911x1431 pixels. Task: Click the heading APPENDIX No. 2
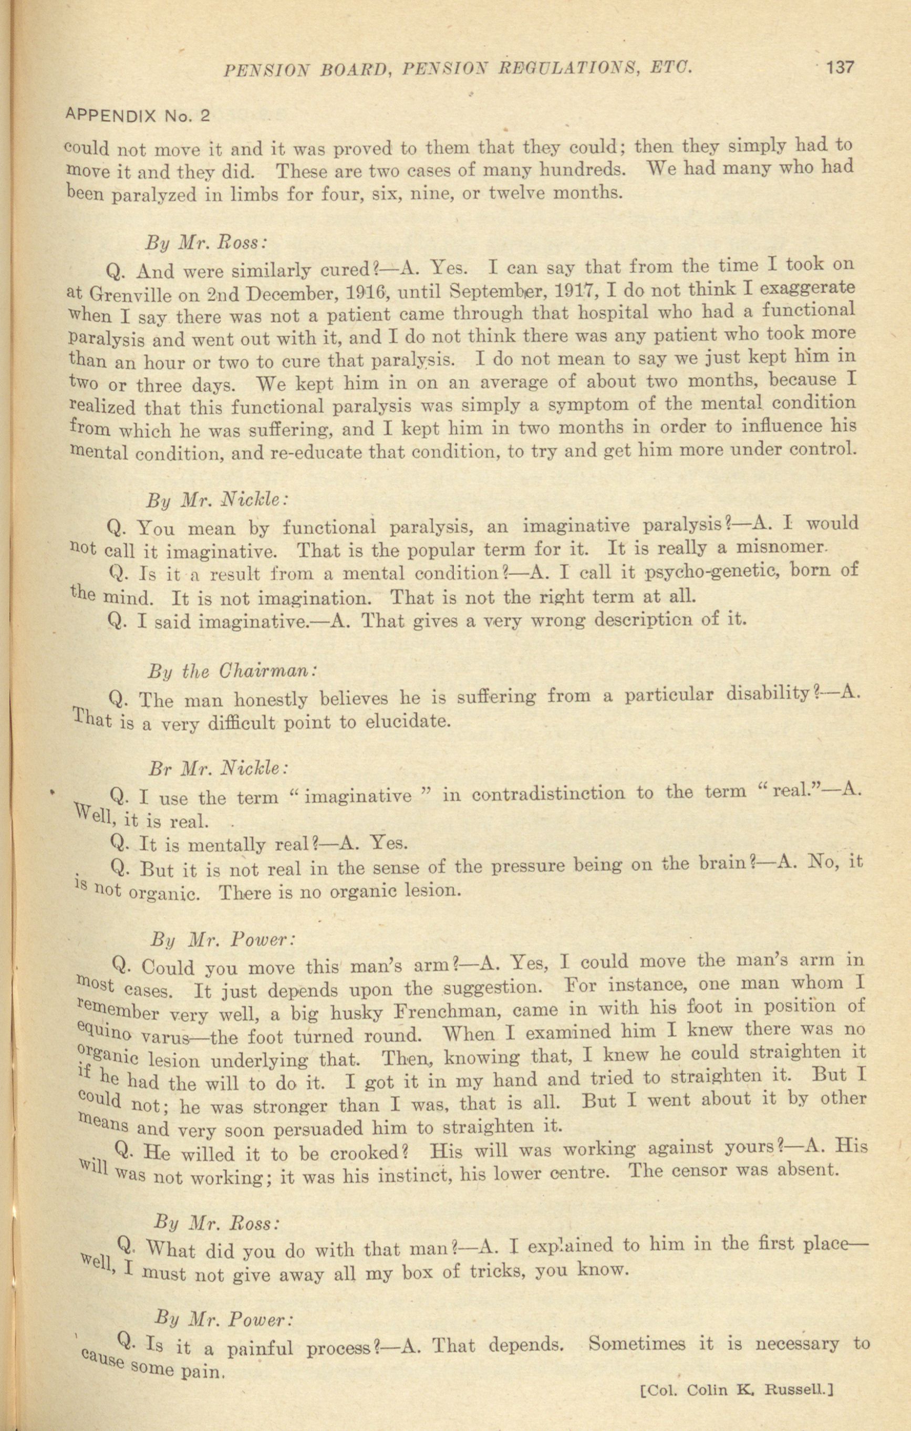137,115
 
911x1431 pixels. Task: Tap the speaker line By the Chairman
232,671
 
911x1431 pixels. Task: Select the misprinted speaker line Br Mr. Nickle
219,769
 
